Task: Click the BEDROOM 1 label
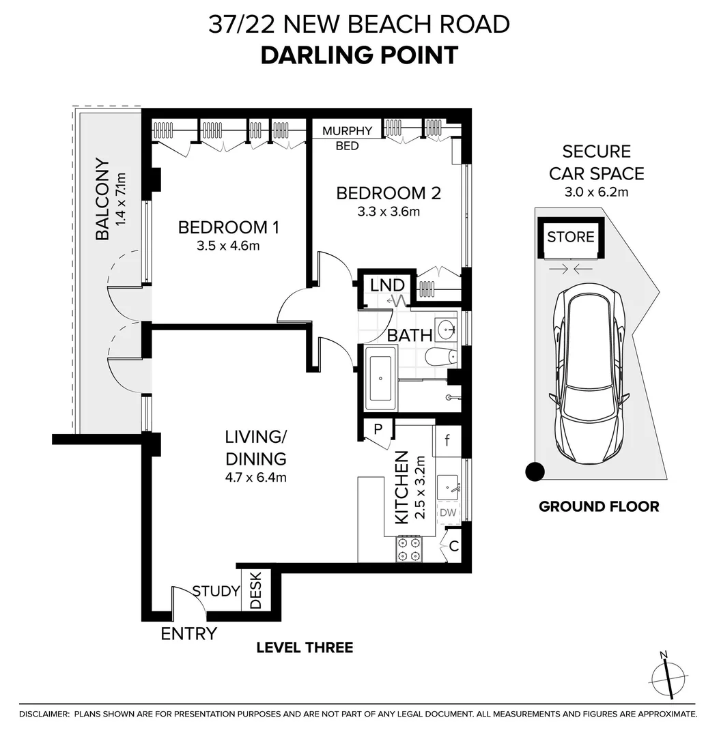229,227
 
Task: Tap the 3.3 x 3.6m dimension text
389,212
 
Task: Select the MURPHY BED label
347,138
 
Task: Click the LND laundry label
387,285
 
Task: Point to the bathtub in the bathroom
380,378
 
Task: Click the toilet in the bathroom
440,357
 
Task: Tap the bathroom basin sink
445,329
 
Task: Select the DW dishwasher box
448,512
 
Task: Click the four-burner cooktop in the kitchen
408,549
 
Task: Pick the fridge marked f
447,440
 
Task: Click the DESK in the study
255,590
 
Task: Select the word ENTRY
189,633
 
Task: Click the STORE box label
570,236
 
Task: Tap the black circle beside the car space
535,472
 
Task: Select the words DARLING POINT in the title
359,55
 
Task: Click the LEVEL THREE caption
305,648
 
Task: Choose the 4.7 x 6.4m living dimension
256,478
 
